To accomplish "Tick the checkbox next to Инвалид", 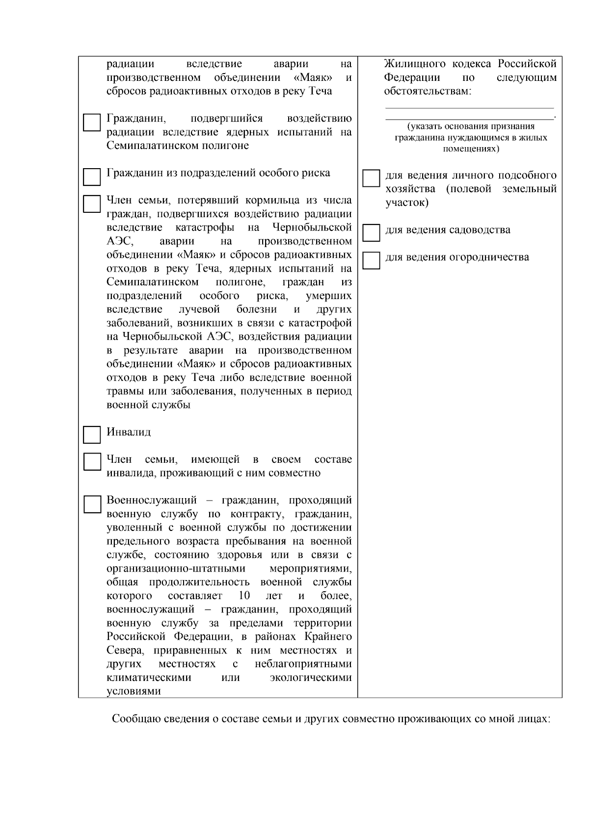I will pos(91,434).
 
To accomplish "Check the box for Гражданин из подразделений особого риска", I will pos(91,177).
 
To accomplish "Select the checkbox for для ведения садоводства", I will pos(371,233).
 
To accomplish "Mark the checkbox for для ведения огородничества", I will pos(371,260).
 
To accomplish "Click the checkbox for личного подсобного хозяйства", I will pos(371,178).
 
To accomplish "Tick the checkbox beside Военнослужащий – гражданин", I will pos(91,504).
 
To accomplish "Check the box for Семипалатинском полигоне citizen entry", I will pos(91,123).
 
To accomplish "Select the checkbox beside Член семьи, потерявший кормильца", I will pos(91,204).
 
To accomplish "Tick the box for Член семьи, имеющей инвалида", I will pos(91,462).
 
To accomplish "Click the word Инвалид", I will pos(129,432).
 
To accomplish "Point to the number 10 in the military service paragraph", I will pos(244,596).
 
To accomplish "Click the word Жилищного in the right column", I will pos(415,64).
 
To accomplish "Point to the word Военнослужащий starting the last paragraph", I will pos(152,501).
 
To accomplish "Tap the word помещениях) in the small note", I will pos(471,149).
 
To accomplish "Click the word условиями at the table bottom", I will pos(134,691).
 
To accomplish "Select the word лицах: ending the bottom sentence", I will pos(536,719).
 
